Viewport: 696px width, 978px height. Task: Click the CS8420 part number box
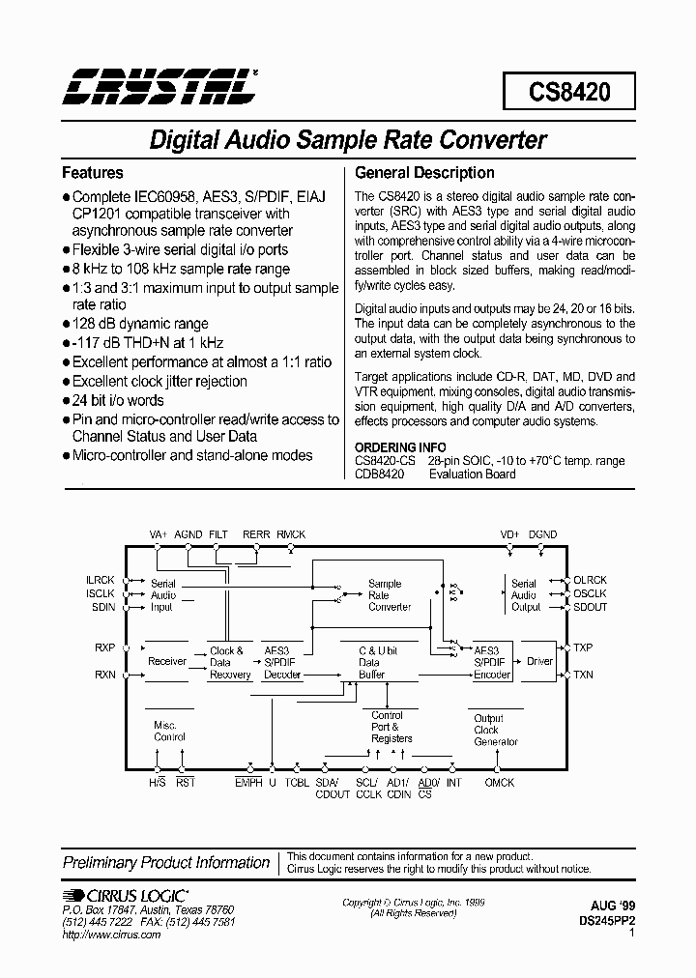click(568, 92)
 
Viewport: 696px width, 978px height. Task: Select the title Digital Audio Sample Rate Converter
click(348, 139)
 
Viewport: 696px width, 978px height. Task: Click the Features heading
click(93, 173)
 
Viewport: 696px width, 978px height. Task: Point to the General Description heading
click(424, 173)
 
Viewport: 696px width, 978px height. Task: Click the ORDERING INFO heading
click(400, 447)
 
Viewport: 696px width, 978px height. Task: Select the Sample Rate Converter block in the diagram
click(390, 595)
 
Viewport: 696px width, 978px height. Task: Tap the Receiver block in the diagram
click(167, 661)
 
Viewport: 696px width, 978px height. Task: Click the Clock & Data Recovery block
click(229, 663)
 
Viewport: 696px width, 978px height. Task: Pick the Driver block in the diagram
click(538, 662)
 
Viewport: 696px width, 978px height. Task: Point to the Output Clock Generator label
click(496, 730)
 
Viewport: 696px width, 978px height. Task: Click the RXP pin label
click(104, 649)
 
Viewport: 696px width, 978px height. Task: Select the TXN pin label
click(584, 675)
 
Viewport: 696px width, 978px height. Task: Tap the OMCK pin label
click(500, 782)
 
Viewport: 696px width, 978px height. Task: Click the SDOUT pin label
click(591, 606)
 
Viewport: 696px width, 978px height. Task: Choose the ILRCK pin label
click(101, 580)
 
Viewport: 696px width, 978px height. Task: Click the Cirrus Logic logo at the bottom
click(126, 896)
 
